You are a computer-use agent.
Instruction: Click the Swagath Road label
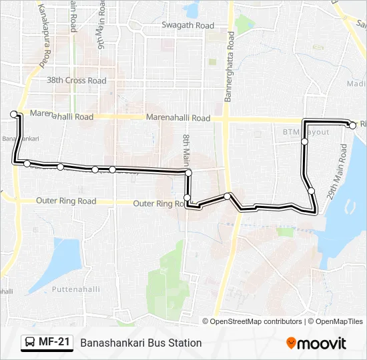coord(188,25)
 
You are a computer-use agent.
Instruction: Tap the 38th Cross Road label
coord(76,81)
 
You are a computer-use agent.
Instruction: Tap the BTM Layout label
coord(306,132)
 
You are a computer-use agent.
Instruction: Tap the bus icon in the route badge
coord(30,343)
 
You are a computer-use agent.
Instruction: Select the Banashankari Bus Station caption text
coord(141,343)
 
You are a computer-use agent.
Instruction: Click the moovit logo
coord(316,343)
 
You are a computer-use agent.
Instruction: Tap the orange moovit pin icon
coord(291,343)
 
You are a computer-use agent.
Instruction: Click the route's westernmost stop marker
coord(13,114)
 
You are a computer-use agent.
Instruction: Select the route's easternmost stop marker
coord(352,125)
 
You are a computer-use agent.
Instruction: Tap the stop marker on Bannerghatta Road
coord(228,196)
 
